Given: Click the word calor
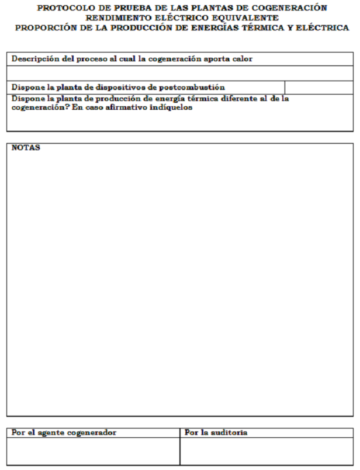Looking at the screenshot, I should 241,59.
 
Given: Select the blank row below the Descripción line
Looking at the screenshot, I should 180,73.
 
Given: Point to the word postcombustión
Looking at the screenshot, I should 192,88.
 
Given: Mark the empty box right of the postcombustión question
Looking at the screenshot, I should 319,88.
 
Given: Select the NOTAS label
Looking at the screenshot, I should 26,148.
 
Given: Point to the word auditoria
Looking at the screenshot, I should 228,433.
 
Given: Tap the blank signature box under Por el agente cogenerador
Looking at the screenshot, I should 93,451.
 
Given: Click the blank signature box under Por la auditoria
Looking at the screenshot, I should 266,451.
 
